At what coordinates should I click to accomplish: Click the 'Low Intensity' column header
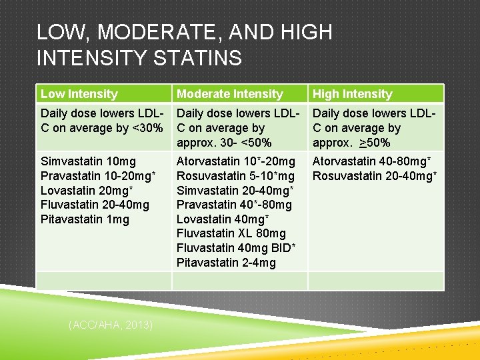click(x=79, y=94)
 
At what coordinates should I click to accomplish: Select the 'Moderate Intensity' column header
click(x=229, y=94)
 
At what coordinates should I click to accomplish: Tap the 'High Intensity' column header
click(x=352, y=94)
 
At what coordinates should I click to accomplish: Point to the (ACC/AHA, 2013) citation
click(x=111, y=325)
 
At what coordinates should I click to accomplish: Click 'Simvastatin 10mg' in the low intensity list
click(x=88, y=161)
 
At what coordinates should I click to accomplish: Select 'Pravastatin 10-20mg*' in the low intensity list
click(x=99, y=176)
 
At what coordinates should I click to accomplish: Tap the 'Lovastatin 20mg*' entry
click(x=87, y=191)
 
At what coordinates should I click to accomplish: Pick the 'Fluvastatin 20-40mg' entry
click(x=95, y=205)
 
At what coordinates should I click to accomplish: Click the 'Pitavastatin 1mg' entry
click(x=85, y=219)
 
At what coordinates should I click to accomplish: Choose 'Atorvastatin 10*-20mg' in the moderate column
click(x=235, y=161)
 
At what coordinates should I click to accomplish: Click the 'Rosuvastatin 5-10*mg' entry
click(x=235, y=176)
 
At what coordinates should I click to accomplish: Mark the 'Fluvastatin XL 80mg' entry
click(x=231, y=233)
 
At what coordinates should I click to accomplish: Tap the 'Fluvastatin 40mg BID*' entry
click(x=236, y=248)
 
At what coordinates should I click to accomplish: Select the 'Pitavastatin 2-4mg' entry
click(x=226, y=263)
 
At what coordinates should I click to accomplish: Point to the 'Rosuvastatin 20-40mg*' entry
click(x=375, y=176)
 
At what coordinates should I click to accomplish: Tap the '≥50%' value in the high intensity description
click(x=374, y=143)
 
